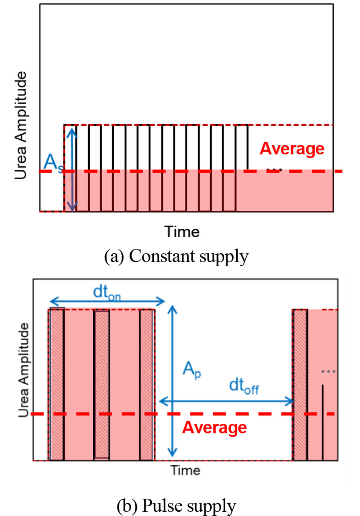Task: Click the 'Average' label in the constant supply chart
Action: [x=292, y=149]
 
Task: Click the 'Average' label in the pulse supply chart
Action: [x=214, y=427]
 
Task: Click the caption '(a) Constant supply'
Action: [x=176, y=256]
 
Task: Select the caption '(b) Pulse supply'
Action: [x=176, y=505]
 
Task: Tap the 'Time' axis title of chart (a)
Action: [x=182, y=232]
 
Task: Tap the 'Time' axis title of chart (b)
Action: [x=185, y=470]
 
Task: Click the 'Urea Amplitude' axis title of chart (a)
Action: [x=21, y=125]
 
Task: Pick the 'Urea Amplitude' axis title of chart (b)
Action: [x=24, y=369]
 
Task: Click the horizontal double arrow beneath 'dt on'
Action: [x=107, y=301]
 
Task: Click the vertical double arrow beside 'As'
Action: [x=72, y=169]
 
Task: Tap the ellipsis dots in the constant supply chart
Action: [x=274, y=169]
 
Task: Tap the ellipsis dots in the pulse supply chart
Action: [x=328, y=371]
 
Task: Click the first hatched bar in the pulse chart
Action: [x=57, y=384]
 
